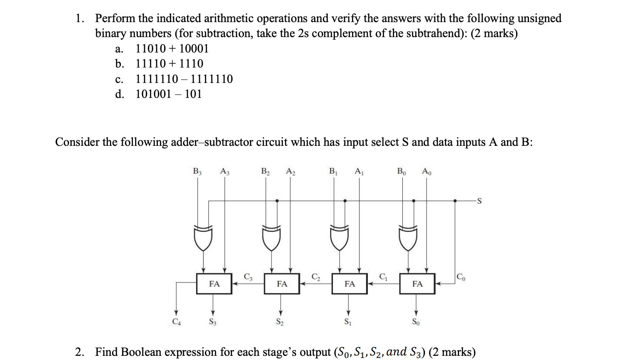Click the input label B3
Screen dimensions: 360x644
click(x=197, y=171)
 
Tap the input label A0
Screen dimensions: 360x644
click(x=427, y=171)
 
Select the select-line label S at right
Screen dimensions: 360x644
click(x=479, y=201)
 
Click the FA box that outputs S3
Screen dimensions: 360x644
click(x=214, y=284)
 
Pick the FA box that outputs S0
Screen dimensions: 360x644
click(x=417, y=284)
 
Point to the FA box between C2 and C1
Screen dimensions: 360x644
click(x=349, y=284)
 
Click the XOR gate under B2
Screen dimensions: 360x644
click(x=272, y=237)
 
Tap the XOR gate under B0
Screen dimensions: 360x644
click(x=408, y=237)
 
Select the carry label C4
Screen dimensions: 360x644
click(x=177, y=322)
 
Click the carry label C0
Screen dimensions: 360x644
click(x=461, y=277)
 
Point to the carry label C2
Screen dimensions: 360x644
click(x=316, y=277)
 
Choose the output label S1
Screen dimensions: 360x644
click(x=348, y=322)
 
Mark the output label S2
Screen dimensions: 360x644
click(x=280, y=322)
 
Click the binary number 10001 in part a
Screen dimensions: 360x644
click(x=194, y=49)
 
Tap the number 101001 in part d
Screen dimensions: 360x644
click(x=153, y=94)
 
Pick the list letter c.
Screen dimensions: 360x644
click(x=119, y=79)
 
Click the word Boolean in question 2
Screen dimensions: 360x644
click(x=141, y=352)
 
